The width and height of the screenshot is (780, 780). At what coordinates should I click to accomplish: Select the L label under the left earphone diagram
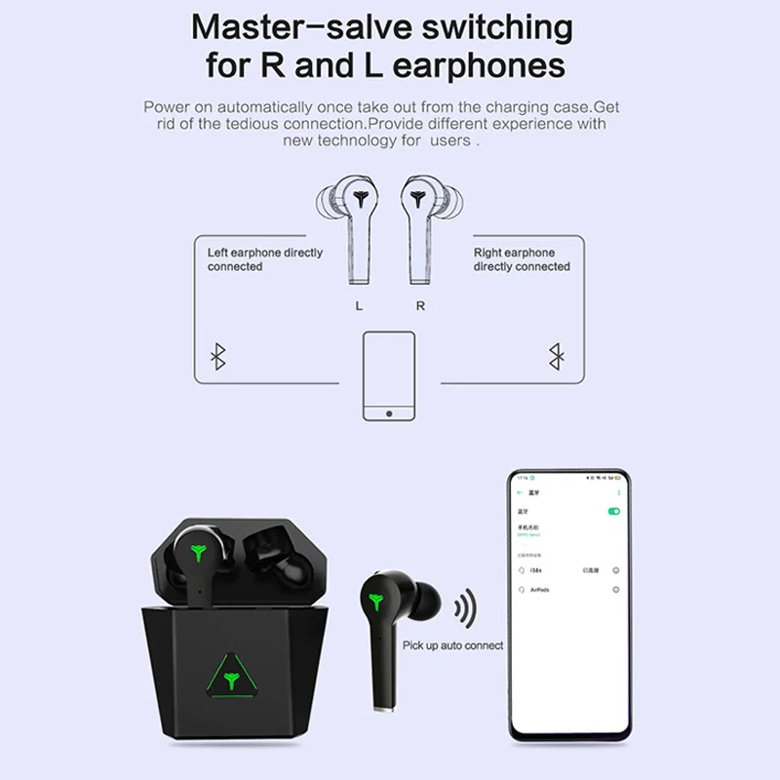[x=359, y=305]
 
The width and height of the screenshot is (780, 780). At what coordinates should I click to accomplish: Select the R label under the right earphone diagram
[x=420, y=305]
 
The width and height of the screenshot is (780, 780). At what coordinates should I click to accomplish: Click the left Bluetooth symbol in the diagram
[x=218, y=357]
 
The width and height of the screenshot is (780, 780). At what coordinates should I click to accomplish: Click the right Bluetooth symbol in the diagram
[x=556, y=357]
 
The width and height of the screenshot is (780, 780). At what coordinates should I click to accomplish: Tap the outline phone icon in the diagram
[x=389, y=376]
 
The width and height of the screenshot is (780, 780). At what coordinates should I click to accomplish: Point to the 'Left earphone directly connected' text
[x=264, y=259]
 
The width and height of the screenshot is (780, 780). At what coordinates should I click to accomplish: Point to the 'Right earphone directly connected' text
[x=522, y=259]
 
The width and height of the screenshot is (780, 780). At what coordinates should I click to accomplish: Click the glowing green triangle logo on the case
[x=233, y=674]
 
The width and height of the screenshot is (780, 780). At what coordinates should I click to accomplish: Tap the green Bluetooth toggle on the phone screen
[x=614, y=511]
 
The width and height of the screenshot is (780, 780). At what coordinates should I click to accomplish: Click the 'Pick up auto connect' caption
[x=452, y=645]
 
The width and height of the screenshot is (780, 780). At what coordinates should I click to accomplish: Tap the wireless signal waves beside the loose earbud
[x=465, y=610]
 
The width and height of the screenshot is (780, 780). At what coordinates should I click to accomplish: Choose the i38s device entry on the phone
[x=537, y=570]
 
